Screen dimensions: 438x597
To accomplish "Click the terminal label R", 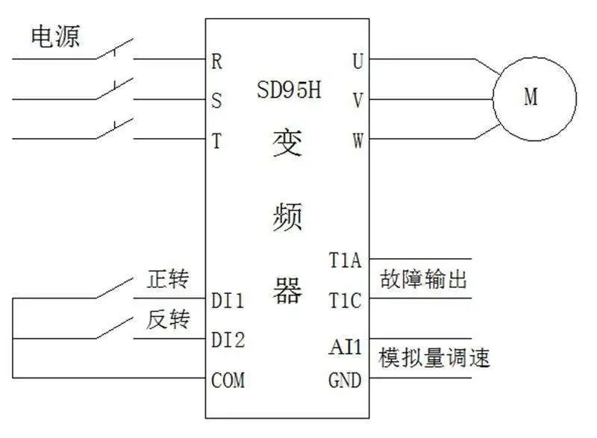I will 217,61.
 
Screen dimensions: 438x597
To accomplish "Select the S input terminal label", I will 217,101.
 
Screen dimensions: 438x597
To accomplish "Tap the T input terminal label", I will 217,140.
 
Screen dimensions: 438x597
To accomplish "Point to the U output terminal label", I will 357,61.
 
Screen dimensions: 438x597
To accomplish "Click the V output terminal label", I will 357,100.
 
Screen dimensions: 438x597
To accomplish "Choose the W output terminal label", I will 357,140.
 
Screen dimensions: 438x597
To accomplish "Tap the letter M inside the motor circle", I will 531,98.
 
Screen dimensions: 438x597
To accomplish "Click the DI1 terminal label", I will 228,301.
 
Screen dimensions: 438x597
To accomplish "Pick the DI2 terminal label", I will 228,340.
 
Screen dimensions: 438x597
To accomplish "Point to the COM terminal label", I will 228,381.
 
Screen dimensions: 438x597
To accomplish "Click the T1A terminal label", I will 345,260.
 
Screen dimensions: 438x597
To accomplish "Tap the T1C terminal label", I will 345,301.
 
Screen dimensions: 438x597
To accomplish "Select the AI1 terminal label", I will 345,348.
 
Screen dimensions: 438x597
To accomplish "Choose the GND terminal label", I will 345,381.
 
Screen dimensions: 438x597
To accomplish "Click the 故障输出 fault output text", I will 423,280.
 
